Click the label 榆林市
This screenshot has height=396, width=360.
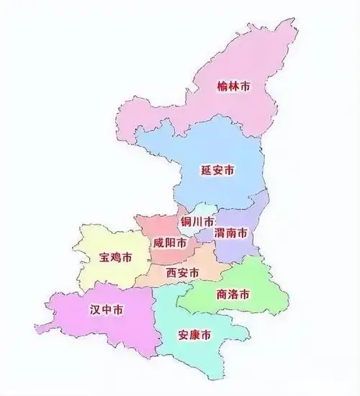(234, 86)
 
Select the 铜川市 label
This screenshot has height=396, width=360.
(197, 220)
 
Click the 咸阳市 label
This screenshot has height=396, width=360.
(168, 242)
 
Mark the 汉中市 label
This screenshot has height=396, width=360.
(106, 310)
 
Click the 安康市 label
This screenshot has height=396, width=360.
(194, 336)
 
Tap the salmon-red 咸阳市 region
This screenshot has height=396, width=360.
(155, 227)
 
